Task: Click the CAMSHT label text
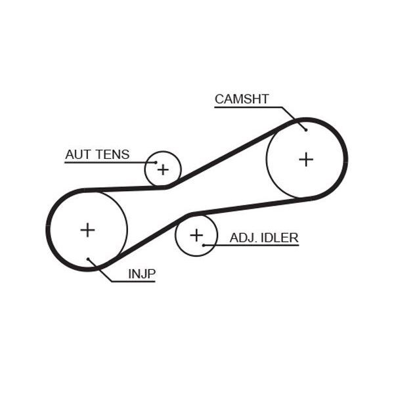[242, 99]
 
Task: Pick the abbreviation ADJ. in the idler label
[242, 237]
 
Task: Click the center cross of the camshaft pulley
[306, 159]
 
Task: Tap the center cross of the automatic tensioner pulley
[162, 169]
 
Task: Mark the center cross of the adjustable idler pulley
[196, 234]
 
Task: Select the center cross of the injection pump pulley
[87, 230]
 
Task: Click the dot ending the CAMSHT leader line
[305, 129]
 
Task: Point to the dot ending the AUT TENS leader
[156, 162]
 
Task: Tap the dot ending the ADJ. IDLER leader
[204, 245]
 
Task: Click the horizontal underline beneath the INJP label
[134, 282]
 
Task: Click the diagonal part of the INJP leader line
[102, 271]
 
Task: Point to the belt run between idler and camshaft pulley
[250, 205]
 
